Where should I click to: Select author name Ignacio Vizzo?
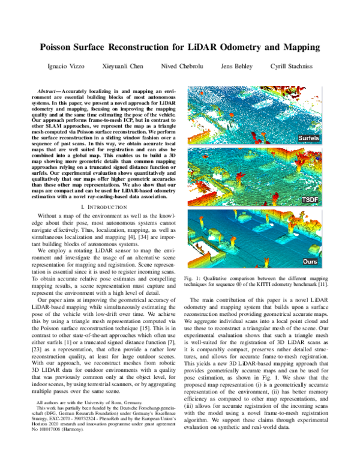tap(65, 65)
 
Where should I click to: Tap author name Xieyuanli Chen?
tap(122, 65)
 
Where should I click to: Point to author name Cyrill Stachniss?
tap(292, 65)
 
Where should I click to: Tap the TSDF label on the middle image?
tap(311, 199)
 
